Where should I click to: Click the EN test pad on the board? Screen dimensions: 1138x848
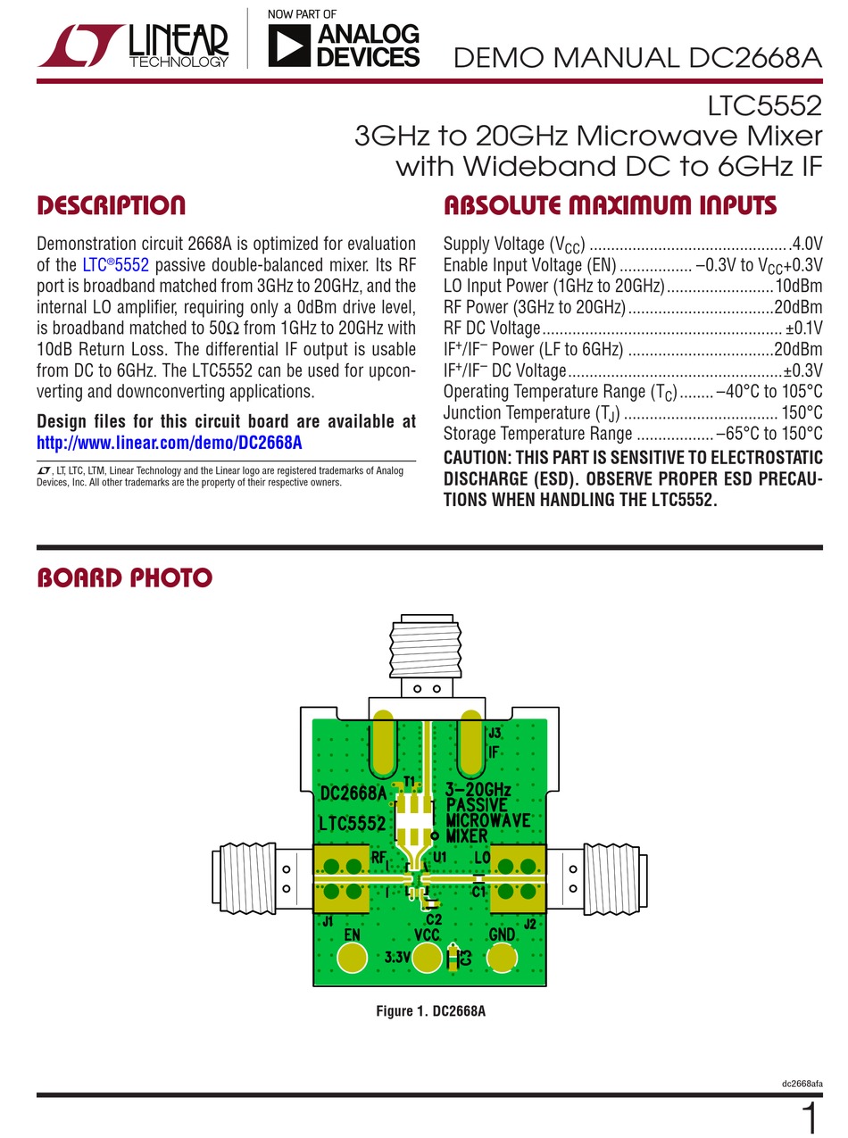pyautogui.click(x=353, y=959)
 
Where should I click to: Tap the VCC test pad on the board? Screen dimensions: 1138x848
pyautogui.click(x=428, y=959)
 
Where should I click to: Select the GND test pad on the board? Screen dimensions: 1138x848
pyautogui.click(x=502, y=959)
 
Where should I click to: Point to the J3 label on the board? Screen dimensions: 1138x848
pyautogui.click(x=495, y=733)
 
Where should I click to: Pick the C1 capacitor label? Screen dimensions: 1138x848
pyautogui.click(x=478, y=891)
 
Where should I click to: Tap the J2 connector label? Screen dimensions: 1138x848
pyautogui.click(x=529, y=924)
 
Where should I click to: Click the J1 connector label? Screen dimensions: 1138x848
pyautogui.click(x=328, y=921)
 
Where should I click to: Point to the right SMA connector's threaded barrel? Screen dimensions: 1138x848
pyautogui.click(x=611, y=878)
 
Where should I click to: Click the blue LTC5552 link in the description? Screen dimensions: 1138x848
pyautogui.click(x=115, y=265)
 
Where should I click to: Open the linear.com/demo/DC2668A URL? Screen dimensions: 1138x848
pyautogui.click(x=169, y=443)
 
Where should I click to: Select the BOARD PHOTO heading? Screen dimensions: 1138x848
pyautogui.click(x=124, y=578)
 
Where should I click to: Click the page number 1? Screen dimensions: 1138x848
pyautogui.click(x=809, y=1117)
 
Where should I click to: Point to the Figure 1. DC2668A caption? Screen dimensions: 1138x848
pyautogui.click(x=430, y=1011)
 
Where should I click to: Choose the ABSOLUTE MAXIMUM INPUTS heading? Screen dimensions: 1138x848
pyautogui.click(x=610, y=206)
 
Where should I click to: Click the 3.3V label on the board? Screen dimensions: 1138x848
pyautogui.click(x=397, y=958)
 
